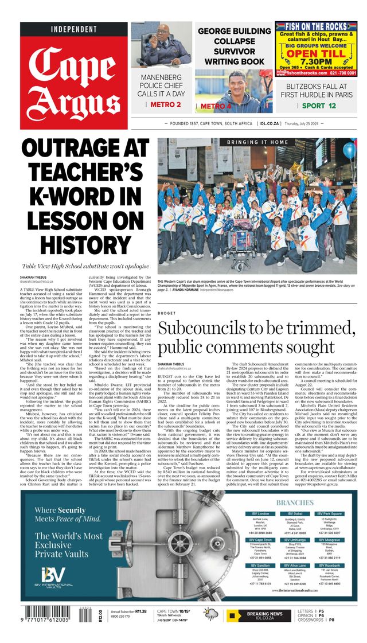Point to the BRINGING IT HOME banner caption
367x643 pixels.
pyautogui.click(x=257, y=142)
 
